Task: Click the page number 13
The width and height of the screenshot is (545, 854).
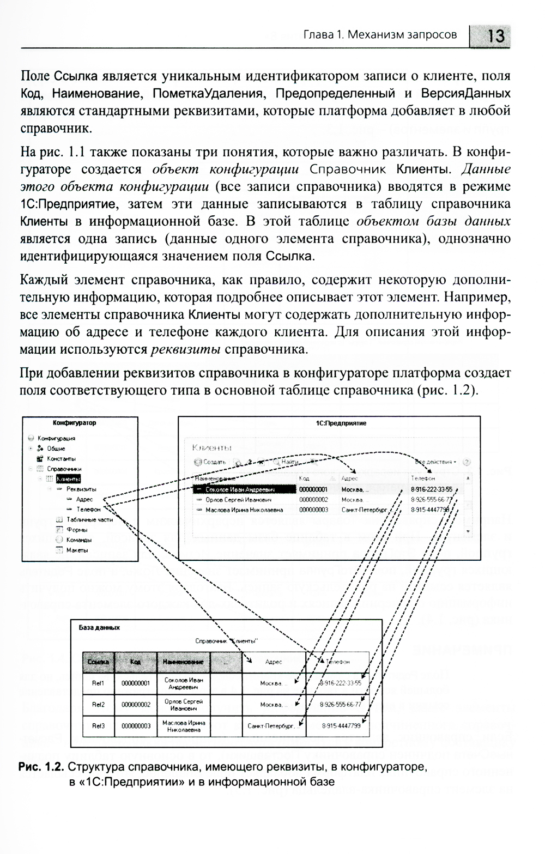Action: [x=495, y=36]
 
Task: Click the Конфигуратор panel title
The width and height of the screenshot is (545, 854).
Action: [x=74, y=423]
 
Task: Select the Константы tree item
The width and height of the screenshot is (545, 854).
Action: [x=61, y=459]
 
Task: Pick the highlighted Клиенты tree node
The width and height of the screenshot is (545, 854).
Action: [x=68, y=479]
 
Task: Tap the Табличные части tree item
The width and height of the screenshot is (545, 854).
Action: [x=89, y=520]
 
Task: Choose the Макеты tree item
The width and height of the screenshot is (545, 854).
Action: [x=77, y=550]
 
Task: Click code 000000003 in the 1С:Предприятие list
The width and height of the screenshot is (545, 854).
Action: [x=313, y=510]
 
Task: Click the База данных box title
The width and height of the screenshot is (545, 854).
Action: [x=99, y=627]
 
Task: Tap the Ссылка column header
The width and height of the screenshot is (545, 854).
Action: [x=98, y=662]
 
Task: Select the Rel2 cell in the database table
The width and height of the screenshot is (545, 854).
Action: [x=98, y=705]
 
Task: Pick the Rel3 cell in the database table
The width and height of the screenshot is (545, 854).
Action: [x=98, y=726]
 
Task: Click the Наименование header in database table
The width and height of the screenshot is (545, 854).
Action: [x=183, y=662]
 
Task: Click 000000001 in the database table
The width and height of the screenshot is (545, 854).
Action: [x=136, y=683]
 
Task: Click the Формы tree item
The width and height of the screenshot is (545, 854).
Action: [x=77, y=530]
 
